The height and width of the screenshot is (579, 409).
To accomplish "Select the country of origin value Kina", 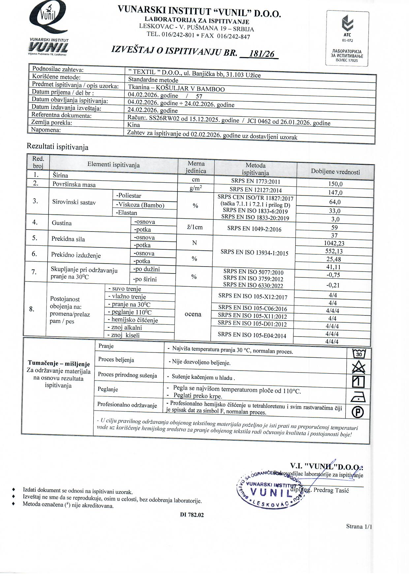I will [134, 125].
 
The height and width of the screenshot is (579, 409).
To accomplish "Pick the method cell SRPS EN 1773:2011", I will [256, 181].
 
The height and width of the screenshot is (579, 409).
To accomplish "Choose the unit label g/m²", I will [196, 188].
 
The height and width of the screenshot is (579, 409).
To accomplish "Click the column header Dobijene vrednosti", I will [335, 172].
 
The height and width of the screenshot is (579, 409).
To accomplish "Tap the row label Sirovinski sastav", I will [74, 202].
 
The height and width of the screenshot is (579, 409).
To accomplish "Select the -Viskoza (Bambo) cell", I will [140, 205].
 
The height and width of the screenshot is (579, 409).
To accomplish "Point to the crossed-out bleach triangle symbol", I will [359, 367].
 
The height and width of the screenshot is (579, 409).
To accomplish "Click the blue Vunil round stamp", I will [268, 489].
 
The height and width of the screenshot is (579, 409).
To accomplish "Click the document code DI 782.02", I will [192, 515].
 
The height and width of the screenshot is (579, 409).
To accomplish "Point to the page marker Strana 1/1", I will [359, 526].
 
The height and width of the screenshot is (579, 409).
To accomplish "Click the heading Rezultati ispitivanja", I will [57, 147].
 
